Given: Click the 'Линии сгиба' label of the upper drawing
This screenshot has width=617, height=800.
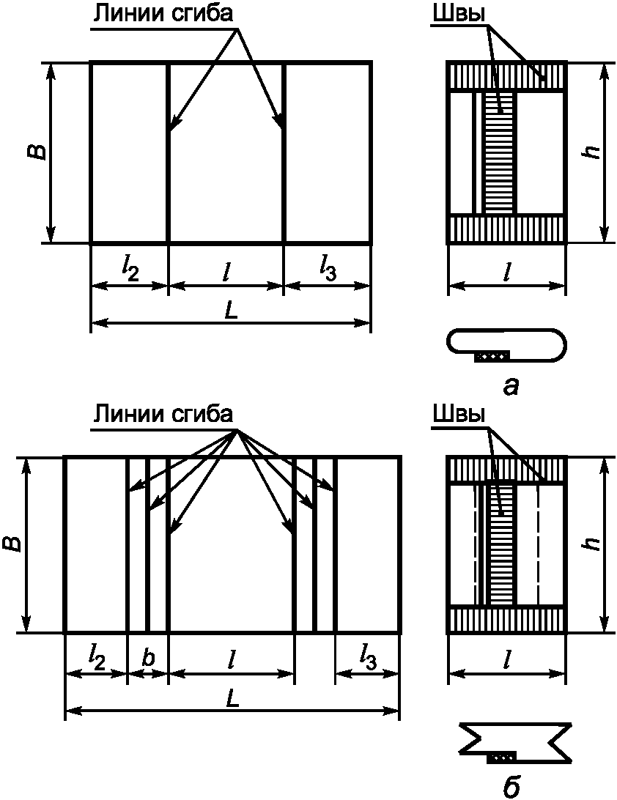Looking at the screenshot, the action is coord(163,13).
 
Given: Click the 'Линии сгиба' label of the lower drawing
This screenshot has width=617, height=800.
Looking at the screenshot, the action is coord(163,414).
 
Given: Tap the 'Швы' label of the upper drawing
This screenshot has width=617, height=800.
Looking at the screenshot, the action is coord(458,15).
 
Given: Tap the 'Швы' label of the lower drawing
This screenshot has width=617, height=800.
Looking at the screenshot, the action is coord(458,414).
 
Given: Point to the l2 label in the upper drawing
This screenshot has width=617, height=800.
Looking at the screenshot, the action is coord(130,271).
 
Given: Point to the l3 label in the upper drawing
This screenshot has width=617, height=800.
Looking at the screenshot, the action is coord(327,271).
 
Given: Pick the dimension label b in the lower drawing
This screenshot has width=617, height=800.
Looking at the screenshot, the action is coord(148,658).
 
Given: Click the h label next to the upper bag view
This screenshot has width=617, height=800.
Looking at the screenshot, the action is coord(593,152).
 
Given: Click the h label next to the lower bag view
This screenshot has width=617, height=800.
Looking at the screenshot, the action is coord(593,544).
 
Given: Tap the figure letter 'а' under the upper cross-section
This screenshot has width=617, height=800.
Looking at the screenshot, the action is coord(510,388).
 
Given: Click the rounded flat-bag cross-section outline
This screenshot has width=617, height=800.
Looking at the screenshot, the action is coord(507,345).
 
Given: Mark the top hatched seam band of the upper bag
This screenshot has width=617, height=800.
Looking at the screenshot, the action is coord(507,77).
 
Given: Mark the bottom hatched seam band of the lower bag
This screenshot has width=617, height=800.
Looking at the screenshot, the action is coord(507,619).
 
